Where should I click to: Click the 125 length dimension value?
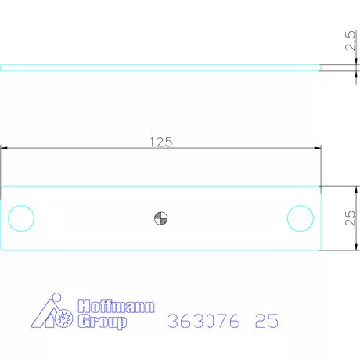160,142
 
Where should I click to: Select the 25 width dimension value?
351,218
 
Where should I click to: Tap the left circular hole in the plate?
21,218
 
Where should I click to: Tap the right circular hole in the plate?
300,218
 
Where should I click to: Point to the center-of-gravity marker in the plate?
160,218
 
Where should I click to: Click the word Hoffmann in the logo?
117,306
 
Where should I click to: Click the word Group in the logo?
102,321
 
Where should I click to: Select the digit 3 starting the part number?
173,322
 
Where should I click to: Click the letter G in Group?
84,321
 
